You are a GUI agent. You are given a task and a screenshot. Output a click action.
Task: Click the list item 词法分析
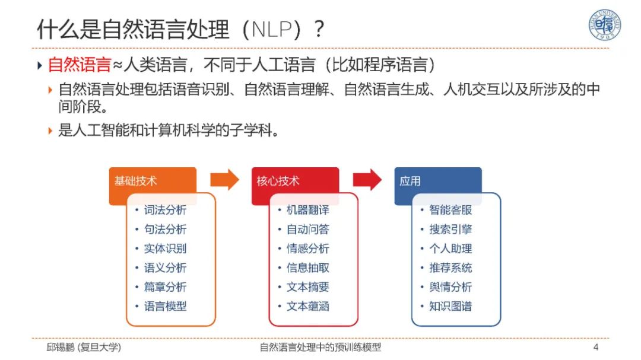tap(165, 210)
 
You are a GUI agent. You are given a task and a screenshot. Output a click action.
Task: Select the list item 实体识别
tap(165, 249)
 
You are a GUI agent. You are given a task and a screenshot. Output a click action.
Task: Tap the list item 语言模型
tap(165, 307)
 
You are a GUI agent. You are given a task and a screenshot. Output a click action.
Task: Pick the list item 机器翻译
tap(307, 210)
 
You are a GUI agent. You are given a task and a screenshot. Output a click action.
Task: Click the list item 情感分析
tap(307, 249)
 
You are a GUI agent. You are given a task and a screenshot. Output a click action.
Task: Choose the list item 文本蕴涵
tap(307, 307)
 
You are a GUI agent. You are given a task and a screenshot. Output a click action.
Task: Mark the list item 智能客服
tap(450, 210)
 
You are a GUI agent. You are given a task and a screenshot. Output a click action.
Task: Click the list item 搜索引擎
tap(450, 230)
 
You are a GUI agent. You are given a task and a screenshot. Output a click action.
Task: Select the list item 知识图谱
tap(450, 307)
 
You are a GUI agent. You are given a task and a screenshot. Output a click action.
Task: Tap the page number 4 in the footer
tap(596, 347)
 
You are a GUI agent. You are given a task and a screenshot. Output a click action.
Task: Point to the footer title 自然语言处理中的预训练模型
tap(320, 348)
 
